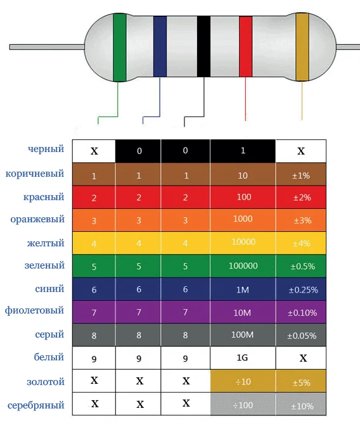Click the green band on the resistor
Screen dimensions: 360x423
tap(119, 47)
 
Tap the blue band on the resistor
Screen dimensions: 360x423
tap(160, 47)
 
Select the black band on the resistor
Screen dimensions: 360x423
tap(203, 47)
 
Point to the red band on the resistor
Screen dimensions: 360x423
tap(245, 47)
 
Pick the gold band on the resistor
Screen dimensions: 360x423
tap(302, 47)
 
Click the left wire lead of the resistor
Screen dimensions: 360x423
tap(47, 47)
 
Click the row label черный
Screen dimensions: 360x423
tap(46, 149)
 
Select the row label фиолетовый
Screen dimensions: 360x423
tap(34, 310)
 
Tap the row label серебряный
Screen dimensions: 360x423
tap(36, 405)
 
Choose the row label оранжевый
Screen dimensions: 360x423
tap(37, 219)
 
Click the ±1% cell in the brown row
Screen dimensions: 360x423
tap(301, 174)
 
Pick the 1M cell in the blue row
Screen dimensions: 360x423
tap(243, 289)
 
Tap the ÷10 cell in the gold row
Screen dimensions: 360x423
tap(243, 381)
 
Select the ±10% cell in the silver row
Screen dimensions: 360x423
tap(301, 404)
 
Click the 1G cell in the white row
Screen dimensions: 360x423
tap(243, 358)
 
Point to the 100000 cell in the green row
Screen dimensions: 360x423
tap(243, 266)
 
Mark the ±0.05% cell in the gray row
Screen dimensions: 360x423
tap(301, 335)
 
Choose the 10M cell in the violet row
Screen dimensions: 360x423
tap(243, 312)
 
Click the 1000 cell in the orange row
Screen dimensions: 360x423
tap(243, 220)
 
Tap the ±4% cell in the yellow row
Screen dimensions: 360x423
tap(301, 243)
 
